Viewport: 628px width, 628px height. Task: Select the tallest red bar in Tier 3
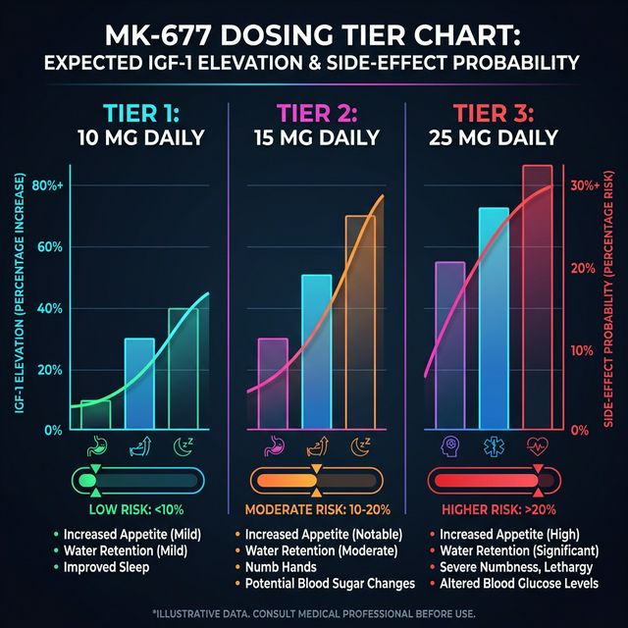[x=537, y=294]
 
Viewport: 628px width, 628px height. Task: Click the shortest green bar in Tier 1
[x=95, y=415]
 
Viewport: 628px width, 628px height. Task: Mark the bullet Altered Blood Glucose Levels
[x=508, y=584]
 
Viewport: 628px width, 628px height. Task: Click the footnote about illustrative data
[x=314, y=613]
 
